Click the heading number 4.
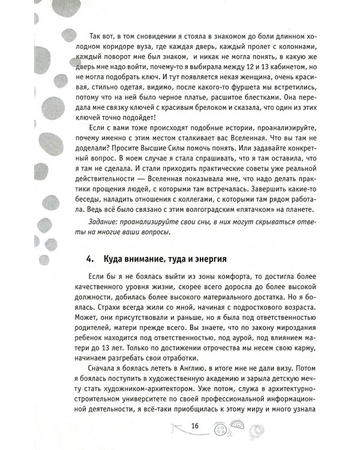click(89, 260)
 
